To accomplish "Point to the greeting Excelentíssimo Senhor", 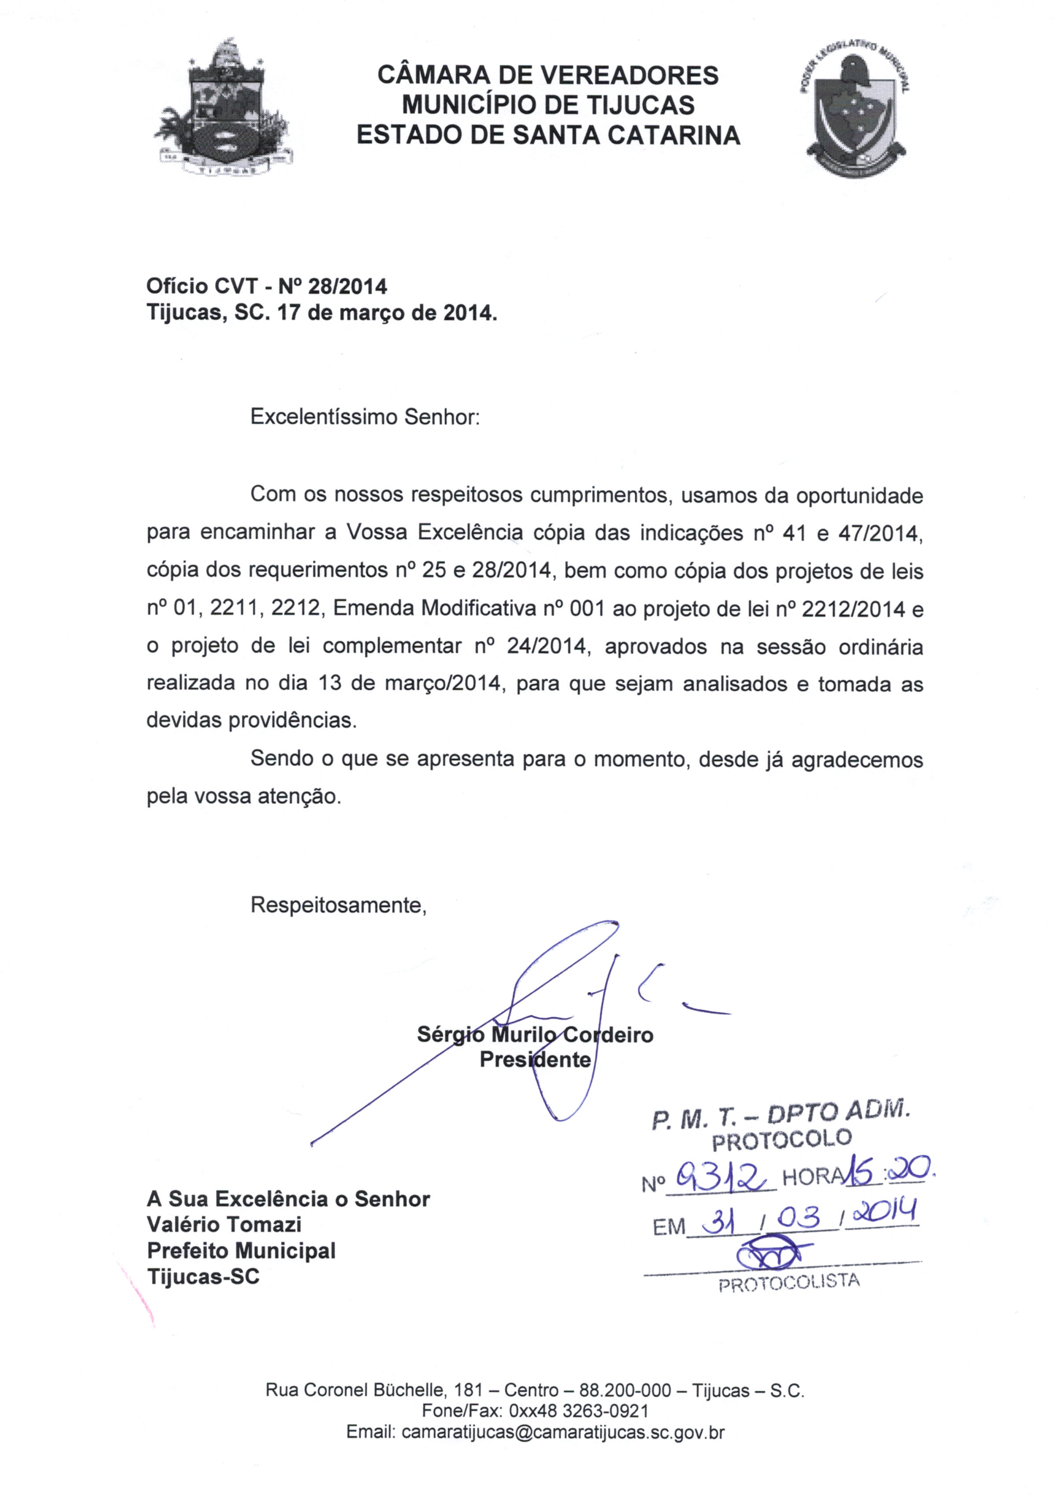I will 365,417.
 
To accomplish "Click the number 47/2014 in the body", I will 879,534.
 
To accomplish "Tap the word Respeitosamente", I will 338,905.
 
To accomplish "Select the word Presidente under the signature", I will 535,1060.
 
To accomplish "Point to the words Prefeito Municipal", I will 241,1251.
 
